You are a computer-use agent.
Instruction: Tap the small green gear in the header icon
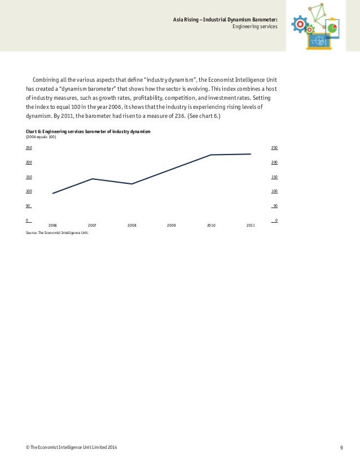pyautogui.click(x=310, y=29)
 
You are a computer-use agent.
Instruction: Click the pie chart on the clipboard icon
pyautogui.click(x=332, y=28)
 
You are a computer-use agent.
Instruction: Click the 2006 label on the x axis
pyautogui.click(x=52, y=226)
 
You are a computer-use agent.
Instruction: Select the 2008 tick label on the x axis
pyautogui.click(x=132, y=226)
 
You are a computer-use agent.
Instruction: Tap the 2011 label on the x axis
pyautogui.click(x=251, y=226)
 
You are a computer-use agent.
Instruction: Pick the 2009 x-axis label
pyautogui.click(x=172, y=226)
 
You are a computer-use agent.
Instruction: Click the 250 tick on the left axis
pyautogui.click(x=28, y=148)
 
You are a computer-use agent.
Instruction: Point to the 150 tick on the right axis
pyautogui.click(x=275, y=177)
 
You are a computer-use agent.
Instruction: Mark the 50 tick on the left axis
pyautogui.click(x=28, y=206)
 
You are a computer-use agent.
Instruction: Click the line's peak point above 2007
pyautogui.click(x=92, y=179)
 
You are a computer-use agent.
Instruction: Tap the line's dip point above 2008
pyautogui.click(x=132, y=184)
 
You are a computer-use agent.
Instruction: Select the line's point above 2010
pyautogui.click(x=211, y=155)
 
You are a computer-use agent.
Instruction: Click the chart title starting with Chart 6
pyautogui.click(x=89, y=131)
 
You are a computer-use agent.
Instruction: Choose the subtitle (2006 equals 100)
pyautogui.click(x=41, y=137)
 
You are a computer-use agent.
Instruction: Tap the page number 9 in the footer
pyautogui.click(x=342, y=448)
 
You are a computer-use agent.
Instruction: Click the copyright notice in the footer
pyautogui.click(x=72, y=448)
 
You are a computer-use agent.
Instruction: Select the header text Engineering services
pyautogui.click(x=255, y=27)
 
